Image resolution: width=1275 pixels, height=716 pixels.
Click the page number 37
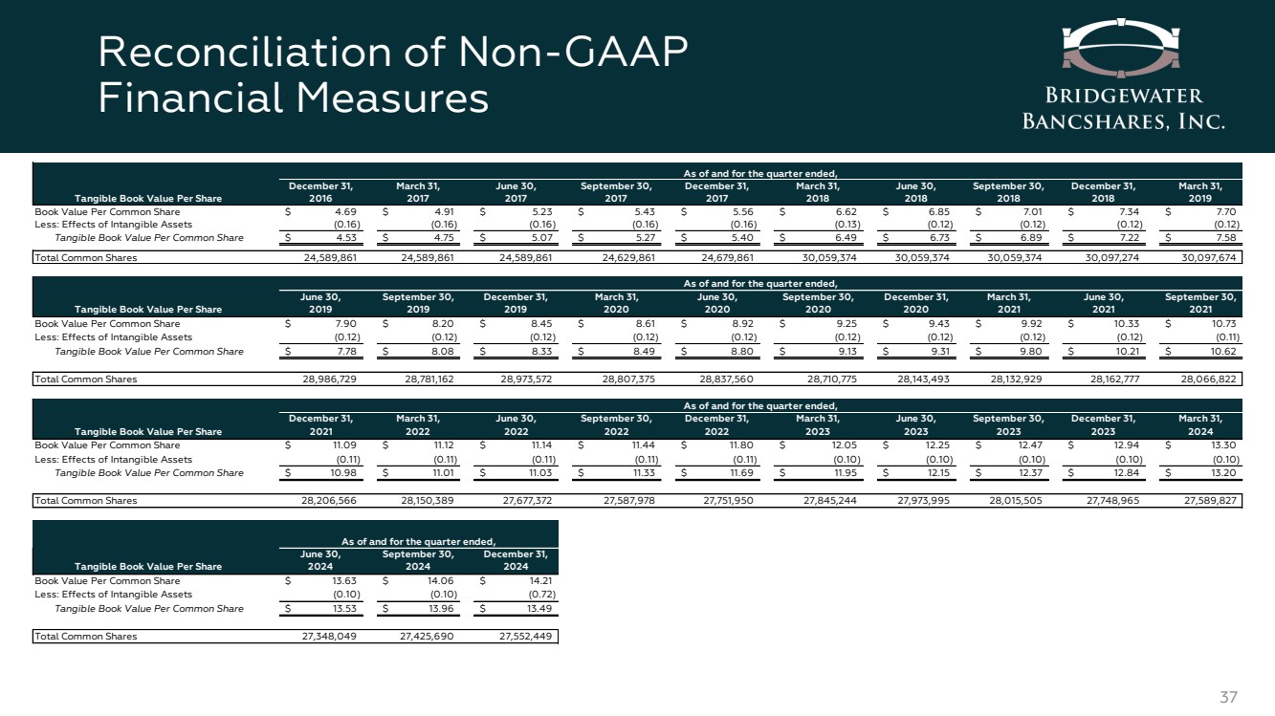(x=1229, y=698)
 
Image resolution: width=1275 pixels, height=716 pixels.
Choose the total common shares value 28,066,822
(x=1208, y=379)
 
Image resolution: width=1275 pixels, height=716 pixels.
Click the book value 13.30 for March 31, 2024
(x=1224, y=445)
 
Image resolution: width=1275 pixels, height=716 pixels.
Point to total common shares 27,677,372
(x=517, y=500)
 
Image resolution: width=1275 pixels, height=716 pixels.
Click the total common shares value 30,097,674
(x=1208, y=257)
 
